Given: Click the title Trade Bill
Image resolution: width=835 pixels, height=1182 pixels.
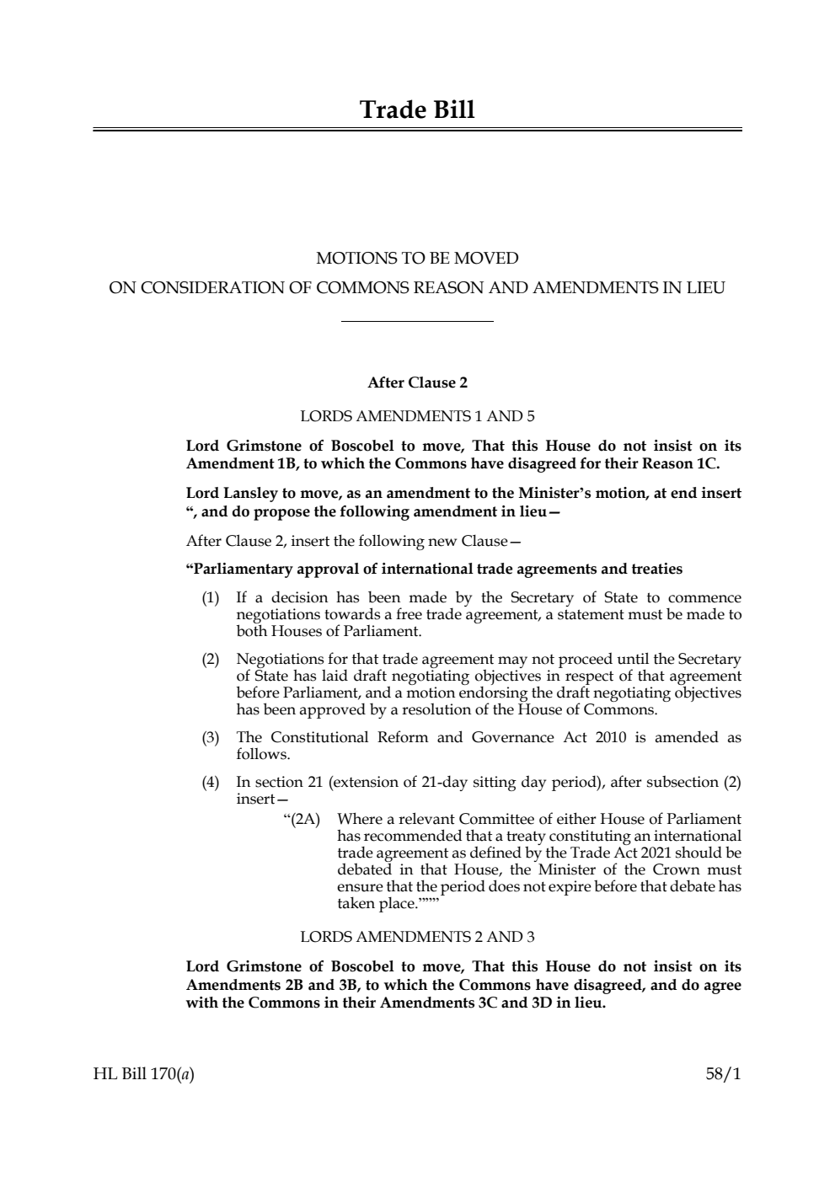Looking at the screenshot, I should click(x=417, y=110).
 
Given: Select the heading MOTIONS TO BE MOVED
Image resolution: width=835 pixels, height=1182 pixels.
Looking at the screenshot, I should click(x=417, y=258).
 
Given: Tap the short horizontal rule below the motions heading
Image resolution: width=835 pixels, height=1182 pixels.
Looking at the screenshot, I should click(x=417, y=321).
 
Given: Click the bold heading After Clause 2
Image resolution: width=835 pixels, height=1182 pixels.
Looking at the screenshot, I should click(x=417, y=382).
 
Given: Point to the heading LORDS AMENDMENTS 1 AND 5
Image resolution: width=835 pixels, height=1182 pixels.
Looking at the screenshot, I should click(x=417, y=416).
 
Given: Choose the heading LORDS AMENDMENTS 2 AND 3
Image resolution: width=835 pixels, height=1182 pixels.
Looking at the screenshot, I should click(x=417, y=937).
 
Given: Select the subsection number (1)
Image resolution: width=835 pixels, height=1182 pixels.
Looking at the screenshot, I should click(x=210, y=598).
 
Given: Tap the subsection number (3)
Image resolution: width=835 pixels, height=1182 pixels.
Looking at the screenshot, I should click(x=210, y=738).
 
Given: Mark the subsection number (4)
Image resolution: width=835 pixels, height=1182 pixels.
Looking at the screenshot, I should click(x=210, y=783).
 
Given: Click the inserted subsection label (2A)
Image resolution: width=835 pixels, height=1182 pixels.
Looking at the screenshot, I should click(x=301, y=819).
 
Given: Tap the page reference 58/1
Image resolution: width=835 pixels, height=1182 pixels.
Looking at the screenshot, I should click(x=723, y=1074).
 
